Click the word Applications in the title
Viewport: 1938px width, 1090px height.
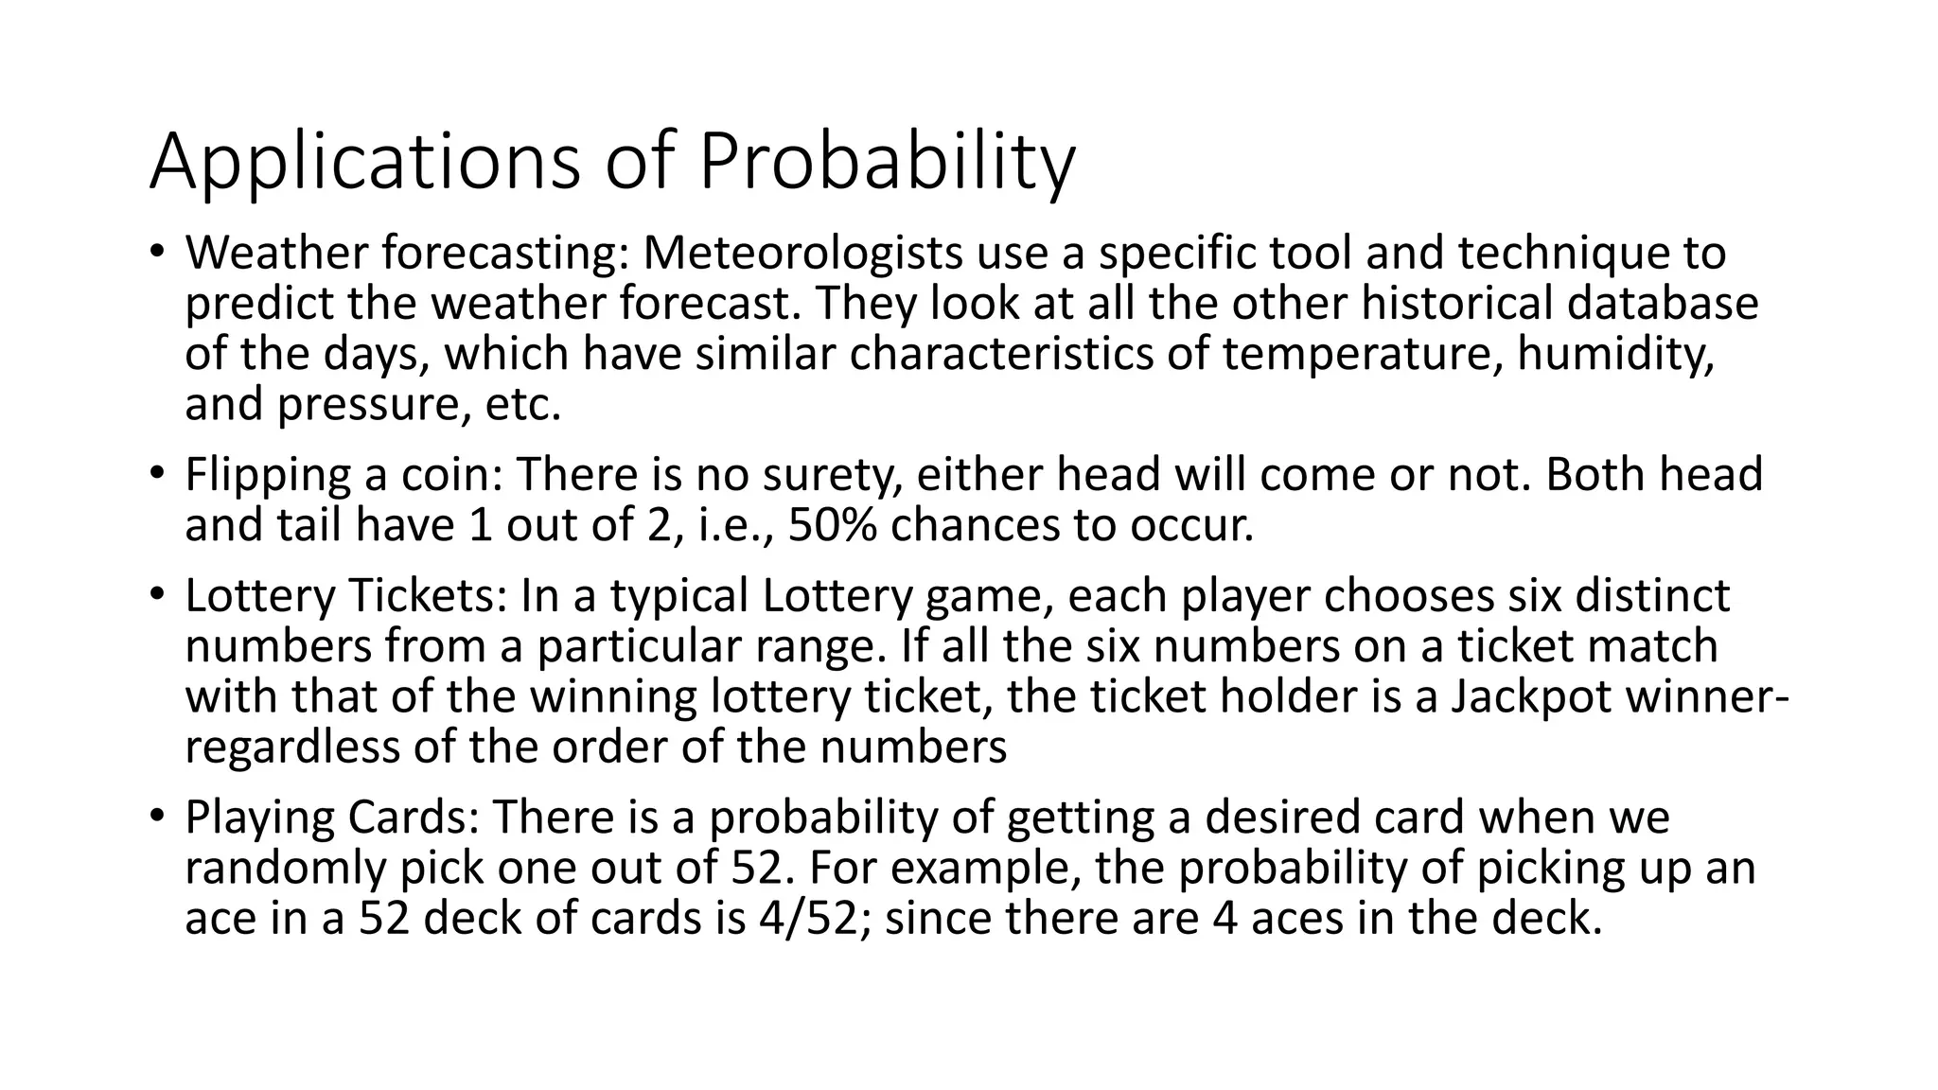click(364, 163)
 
